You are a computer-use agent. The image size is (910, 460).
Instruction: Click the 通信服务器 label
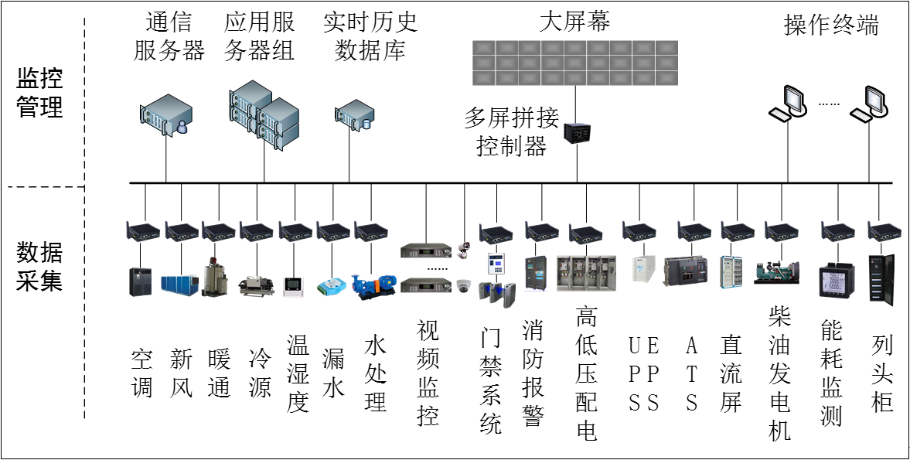pyautogui.click(x=169, y=36)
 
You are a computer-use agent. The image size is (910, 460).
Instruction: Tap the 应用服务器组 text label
pyautogui.click(x=259, y=36)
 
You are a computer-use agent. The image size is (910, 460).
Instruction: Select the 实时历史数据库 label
pyautogui.click(x=370, y=36)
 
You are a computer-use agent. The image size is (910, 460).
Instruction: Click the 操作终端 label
pyautogui.click(x=831, y=26)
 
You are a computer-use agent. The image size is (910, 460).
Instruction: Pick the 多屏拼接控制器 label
pyautogui.click(x=511, y=131)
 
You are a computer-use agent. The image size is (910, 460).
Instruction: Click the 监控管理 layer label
pyautogui.click(x=39, y=92)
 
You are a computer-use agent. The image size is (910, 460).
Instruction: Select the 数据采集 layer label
pyautogui.click(x=39, y=266)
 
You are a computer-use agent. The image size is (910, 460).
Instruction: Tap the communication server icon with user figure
pyautogui.click(x=165, y=114)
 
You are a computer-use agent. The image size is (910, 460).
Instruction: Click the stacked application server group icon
pyautogui.click(x=263, y=114)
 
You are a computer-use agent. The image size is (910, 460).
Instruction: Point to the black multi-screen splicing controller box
pyautogui.click(x=577, y=133)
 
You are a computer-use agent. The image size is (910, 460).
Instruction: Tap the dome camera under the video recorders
pyautogui.click(x=463, y=285)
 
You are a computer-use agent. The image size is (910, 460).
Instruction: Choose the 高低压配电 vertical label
pyautogui.click(x=587, y=374)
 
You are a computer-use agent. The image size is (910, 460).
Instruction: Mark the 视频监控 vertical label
pyautogui.click(x=428, y=373)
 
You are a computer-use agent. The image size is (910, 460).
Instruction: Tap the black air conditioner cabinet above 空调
pyautogui.click(x=138, y=281)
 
